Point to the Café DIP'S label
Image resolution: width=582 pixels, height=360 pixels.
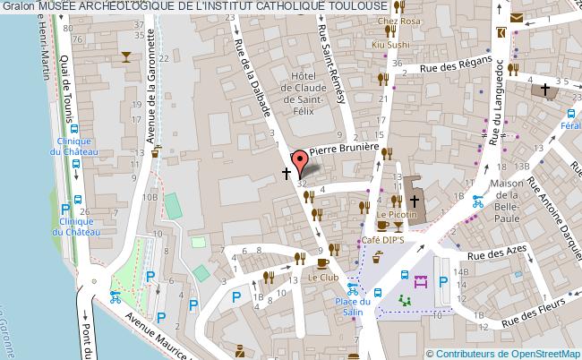click(382, 241)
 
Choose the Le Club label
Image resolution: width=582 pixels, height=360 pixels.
click(322, 278)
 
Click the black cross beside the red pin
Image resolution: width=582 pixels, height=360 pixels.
click(287, 173)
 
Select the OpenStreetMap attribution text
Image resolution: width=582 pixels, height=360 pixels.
click(511, 352)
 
